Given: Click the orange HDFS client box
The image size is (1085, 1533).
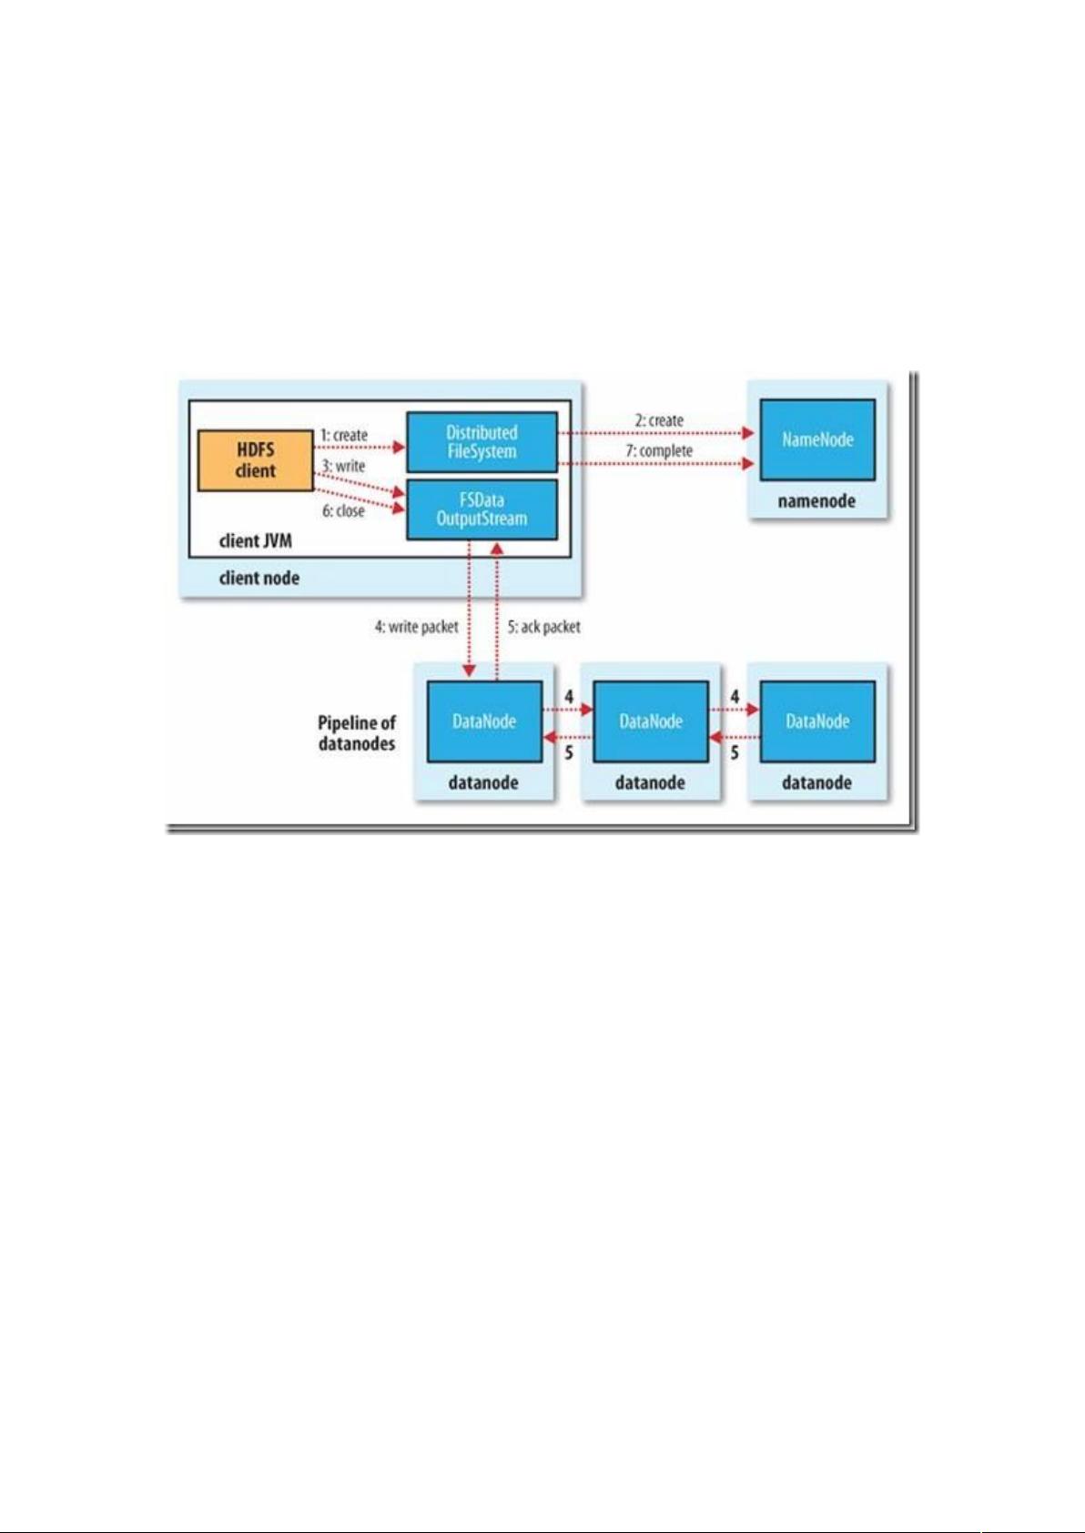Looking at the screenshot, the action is point(256,460).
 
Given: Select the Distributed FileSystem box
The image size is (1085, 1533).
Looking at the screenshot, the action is point(482,442).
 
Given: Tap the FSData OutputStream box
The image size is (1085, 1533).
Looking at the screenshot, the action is point(482,509).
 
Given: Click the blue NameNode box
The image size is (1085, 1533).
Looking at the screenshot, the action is point(817,439).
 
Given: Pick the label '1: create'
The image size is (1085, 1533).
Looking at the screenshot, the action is point(344,435).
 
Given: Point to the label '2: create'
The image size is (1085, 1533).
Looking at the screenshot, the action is point(659,420).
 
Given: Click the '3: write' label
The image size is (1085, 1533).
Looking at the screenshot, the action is point(343,466).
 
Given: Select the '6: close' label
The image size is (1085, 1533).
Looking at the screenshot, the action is point(343,511).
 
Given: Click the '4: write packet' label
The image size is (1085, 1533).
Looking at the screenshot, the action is point(416,627).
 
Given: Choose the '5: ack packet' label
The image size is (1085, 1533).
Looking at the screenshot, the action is point(544,627).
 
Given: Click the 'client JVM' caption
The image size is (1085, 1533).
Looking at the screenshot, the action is point(256,541).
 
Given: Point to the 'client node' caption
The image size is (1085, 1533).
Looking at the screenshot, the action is point(259,579).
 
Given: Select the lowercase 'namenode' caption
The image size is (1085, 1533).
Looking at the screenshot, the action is point(816,501).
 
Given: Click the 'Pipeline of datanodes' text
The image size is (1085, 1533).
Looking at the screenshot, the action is point(357,733).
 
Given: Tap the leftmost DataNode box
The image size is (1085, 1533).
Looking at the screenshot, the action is point(484,721).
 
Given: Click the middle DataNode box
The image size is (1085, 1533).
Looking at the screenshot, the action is point(650,721).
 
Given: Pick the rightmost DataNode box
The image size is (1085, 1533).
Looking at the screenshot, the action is point(817,721).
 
